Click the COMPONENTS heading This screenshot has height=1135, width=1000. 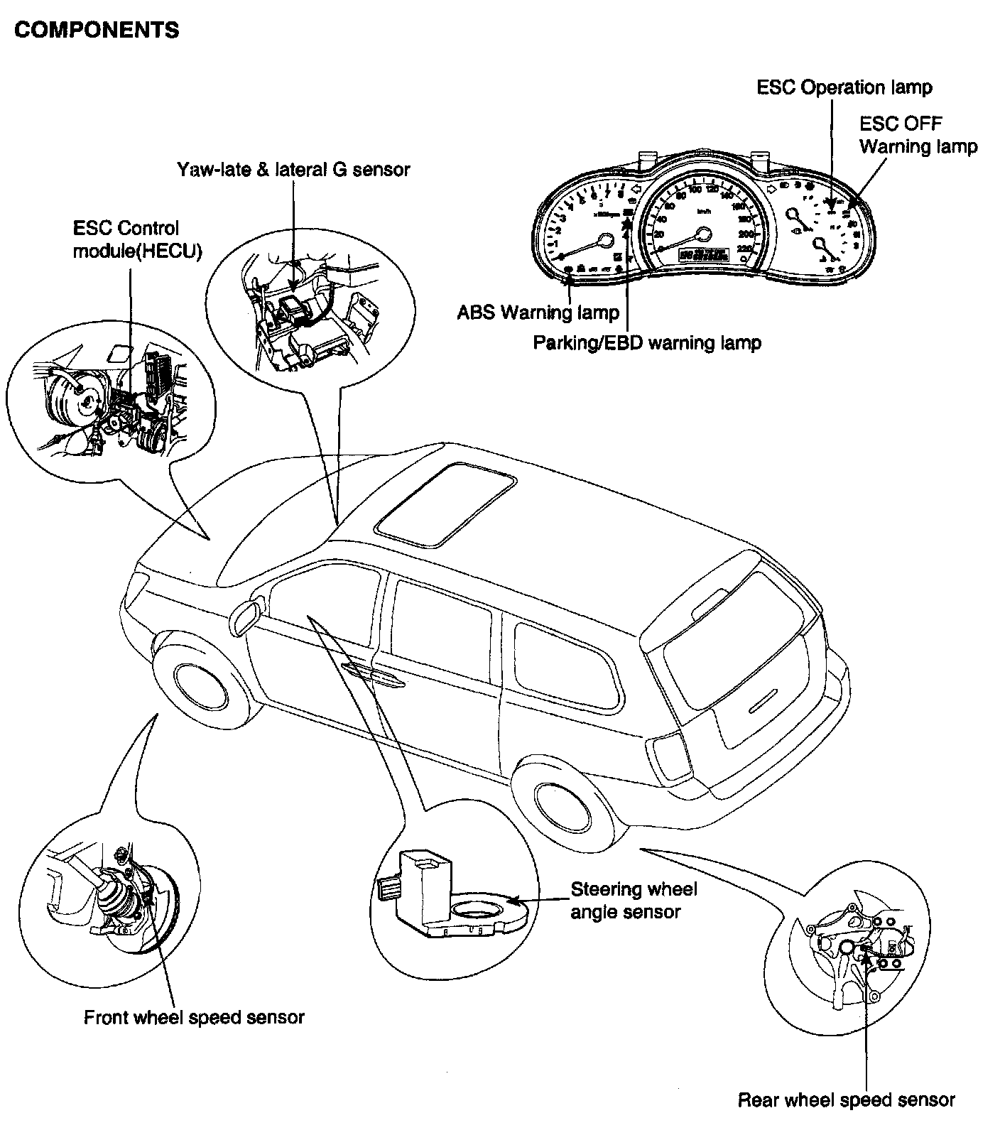(97, 30)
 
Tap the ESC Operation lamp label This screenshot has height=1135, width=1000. (844, 87)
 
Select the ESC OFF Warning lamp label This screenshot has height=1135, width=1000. (918, 135)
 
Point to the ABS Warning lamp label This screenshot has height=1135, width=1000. (538, 313)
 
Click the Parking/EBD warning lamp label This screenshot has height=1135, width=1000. (647, 343)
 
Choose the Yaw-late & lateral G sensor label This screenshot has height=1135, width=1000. (293, 169)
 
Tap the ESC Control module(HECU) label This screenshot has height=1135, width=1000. (136, 239)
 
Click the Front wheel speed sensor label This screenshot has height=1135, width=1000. (194, 1017)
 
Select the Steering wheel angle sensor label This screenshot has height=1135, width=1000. (634, 900)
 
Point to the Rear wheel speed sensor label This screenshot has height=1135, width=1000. (846, 1100)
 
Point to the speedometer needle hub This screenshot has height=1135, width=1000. (704, 235)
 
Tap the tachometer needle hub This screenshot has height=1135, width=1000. (605, 240)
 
